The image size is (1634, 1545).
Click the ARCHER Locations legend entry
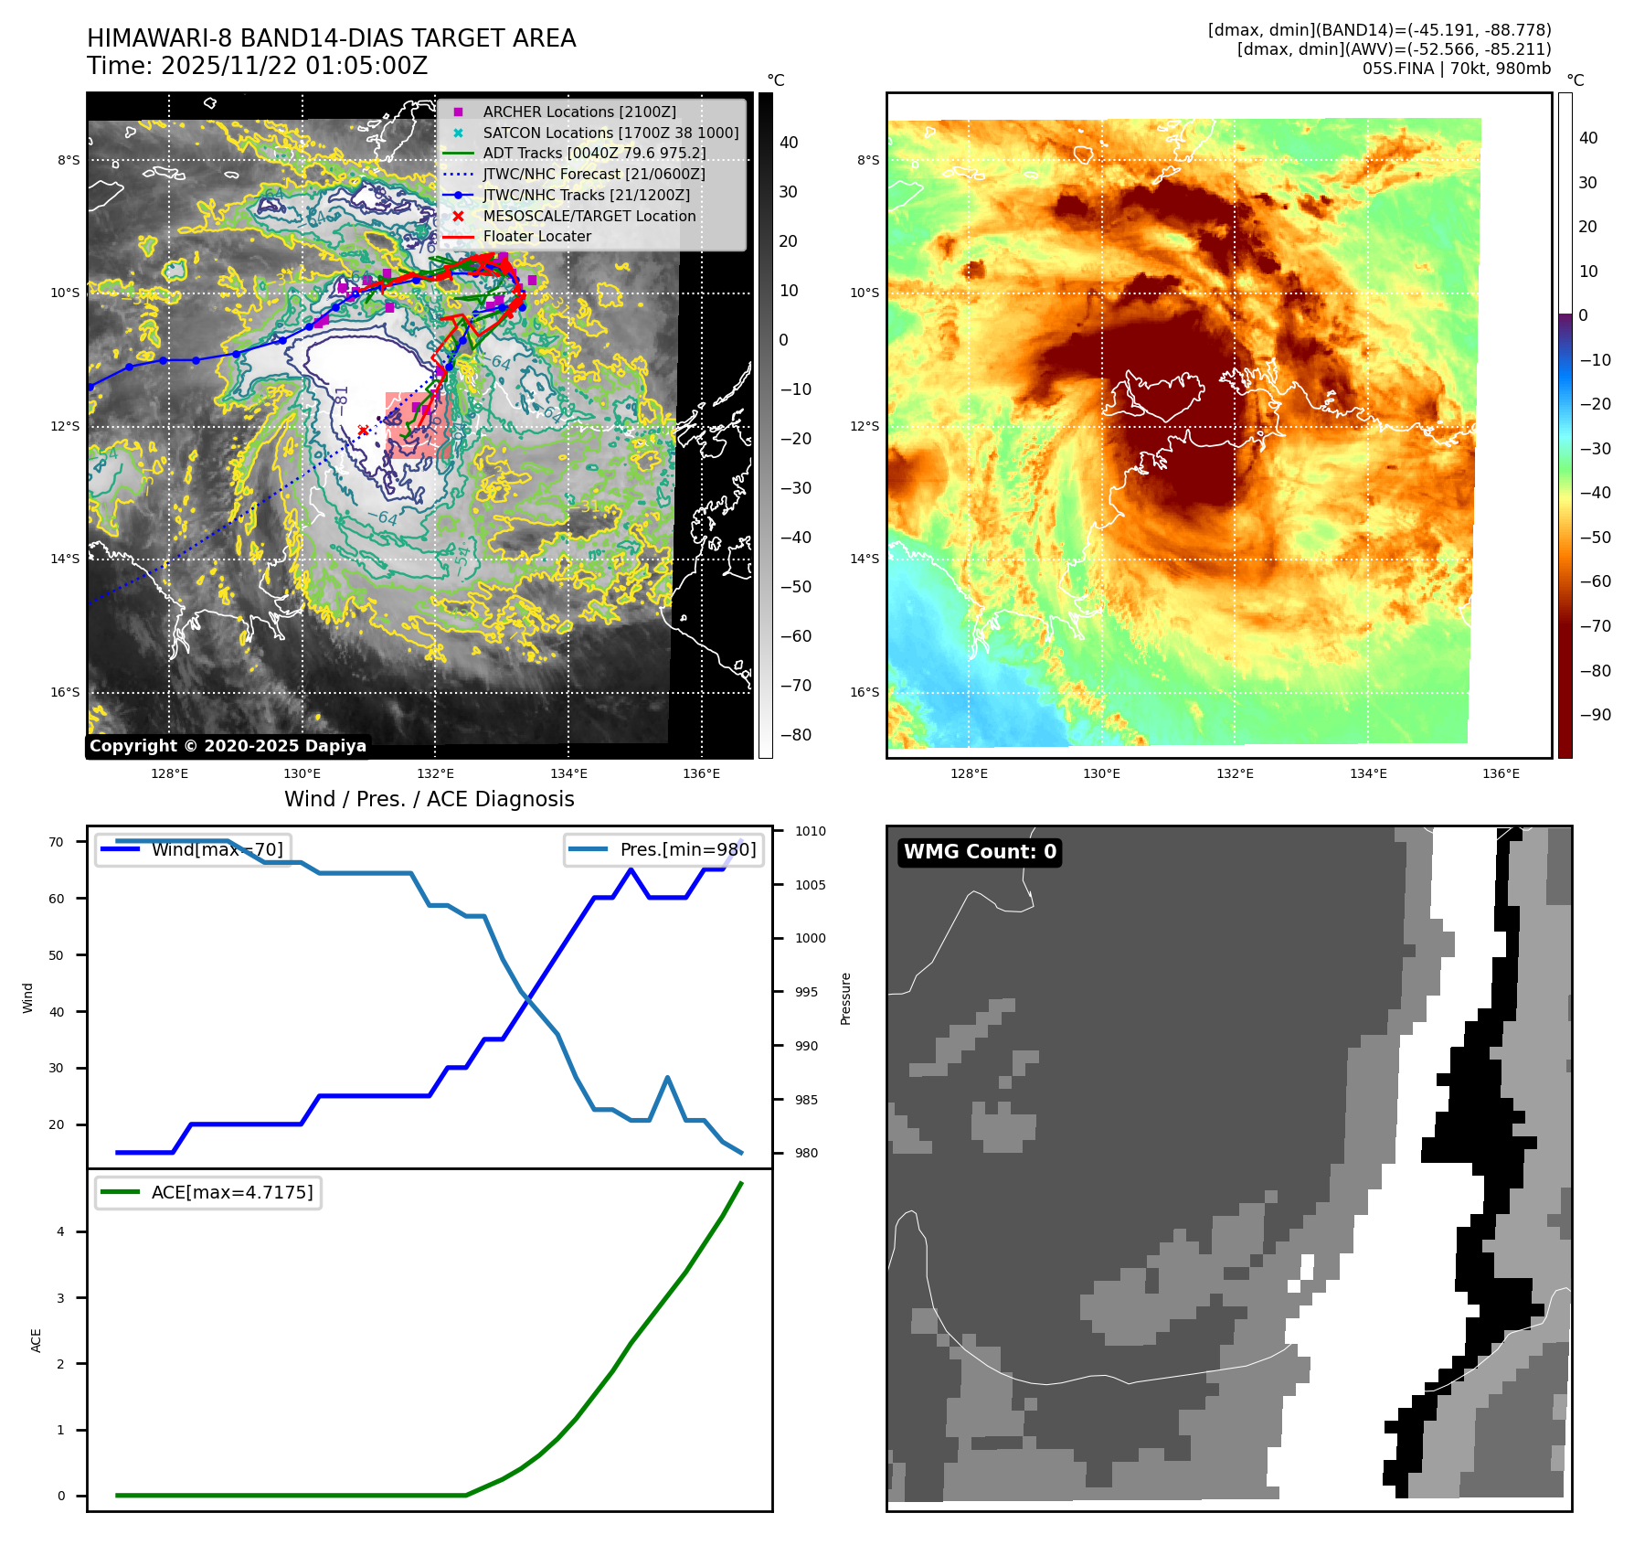click(579, 112)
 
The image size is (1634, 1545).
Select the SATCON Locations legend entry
click(610, 133)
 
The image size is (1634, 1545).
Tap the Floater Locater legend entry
click(536, 236)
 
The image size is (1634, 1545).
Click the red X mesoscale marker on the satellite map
click(363, 431)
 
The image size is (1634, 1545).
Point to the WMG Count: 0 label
click(980, 852)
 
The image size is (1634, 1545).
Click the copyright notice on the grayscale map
click(228, 746)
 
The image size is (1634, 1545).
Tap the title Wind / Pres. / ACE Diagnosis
click(430, 799)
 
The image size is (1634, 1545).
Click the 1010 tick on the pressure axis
click(810, 831)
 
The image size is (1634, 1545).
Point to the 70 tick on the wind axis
click(57, 842)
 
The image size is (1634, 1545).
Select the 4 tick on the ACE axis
click(61, 1231)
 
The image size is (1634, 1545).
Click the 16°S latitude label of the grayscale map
click(65, 692)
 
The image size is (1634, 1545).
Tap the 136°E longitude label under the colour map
click(1501, 773)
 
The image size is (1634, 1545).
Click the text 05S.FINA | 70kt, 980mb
click(1457, 69)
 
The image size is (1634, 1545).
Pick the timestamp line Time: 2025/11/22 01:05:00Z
click(258, 66)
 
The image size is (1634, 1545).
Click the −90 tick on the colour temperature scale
click(1595, 715)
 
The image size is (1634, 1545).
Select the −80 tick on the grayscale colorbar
click(795, 735)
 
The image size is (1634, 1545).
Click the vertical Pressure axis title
click(845, 998)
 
